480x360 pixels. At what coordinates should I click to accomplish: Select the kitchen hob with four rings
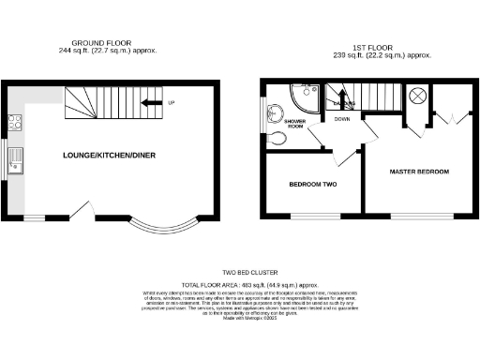tap(16, 120)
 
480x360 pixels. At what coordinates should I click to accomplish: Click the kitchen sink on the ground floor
tap(15, 161)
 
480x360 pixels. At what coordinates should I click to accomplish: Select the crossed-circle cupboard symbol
tap(418, 96)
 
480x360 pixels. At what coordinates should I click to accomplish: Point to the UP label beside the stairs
tap(171, 102)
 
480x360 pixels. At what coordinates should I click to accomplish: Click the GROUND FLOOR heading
tap(102, 43)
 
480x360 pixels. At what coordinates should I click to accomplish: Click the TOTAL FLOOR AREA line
tap(240, 283)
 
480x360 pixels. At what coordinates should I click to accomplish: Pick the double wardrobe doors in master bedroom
tap(449, 118)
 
